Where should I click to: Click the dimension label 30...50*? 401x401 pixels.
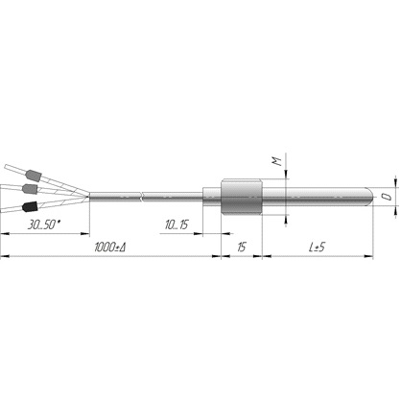pyautogui.click(x=44, y=224)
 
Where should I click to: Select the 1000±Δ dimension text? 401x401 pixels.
pyautogui.click(x=109, y=248)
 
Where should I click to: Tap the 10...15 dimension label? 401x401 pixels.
pyautogui.click(x=177, y=224)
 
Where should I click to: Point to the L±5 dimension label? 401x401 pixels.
pyautogui.click(x=317, y=248)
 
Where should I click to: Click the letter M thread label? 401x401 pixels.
pyautogui.click(x=277, y=161)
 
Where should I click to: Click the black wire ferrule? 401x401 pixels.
pyautogui.click(x=30, y=206)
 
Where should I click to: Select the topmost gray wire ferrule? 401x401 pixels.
pyautogui.click(x=34, y=176)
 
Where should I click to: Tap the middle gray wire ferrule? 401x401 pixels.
pyautogui.click(x=30, y=189)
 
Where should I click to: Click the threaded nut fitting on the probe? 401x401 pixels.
pyautogui.click(x=242, y=197)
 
